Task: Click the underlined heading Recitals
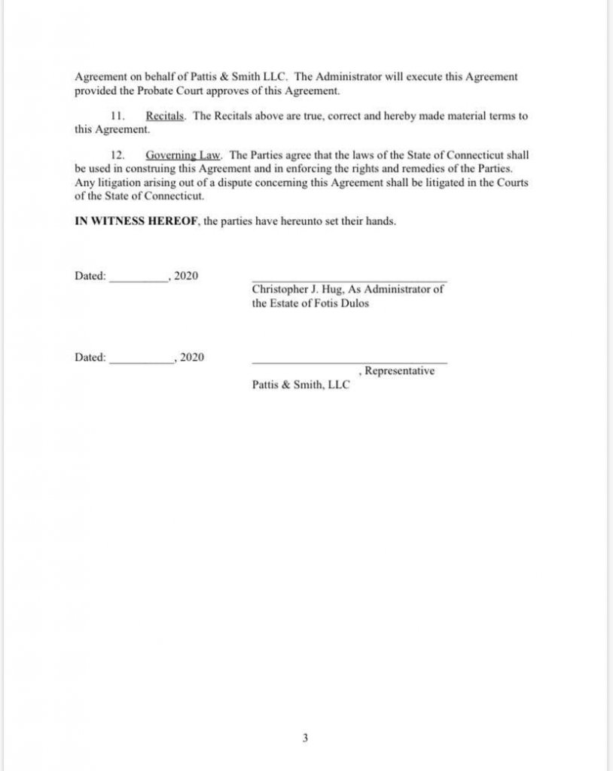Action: coord(165,116)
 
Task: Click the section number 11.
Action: coord(116,116)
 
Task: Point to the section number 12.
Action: coord(117,155)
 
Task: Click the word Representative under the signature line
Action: coord(399,371)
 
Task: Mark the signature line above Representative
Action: coord(349,362)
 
